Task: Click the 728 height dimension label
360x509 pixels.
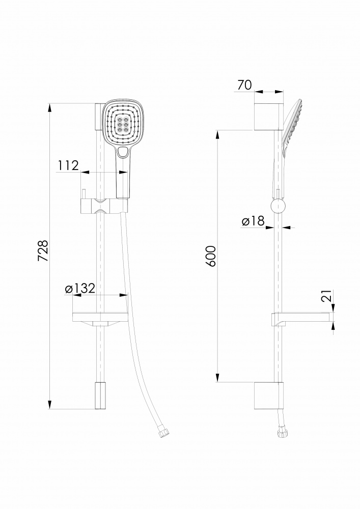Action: point(43,250)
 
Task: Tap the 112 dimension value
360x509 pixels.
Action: point(68,165)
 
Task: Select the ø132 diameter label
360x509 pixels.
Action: point(80,288)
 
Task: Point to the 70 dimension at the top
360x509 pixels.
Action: point(244,84)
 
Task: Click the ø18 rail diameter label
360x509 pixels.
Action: point(253,221)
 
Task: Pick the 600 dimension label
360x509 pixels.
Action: point(211,256)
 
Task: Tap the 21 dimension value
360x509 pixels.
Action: point(328,296)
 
